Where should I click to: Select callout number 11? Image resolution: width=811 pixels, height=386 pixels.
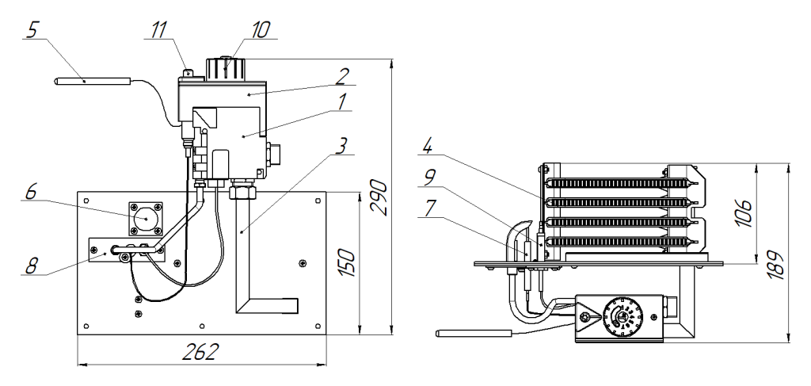coord(156,30)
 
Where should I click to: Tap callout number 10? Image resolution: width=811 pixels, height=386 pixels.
coord(261,30)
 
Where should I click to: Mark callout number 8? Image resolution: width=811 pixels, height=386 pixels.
coord(32,266)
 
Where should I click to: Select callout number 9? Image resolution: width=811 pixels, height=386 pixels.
coord(427,178)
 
